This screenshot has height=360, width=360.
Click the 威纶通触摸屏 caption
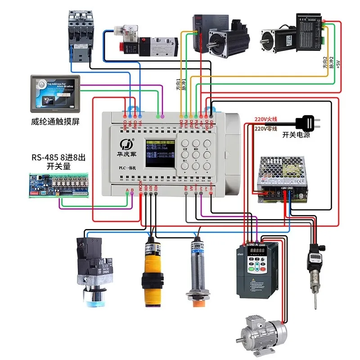(x=55, y=121)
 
